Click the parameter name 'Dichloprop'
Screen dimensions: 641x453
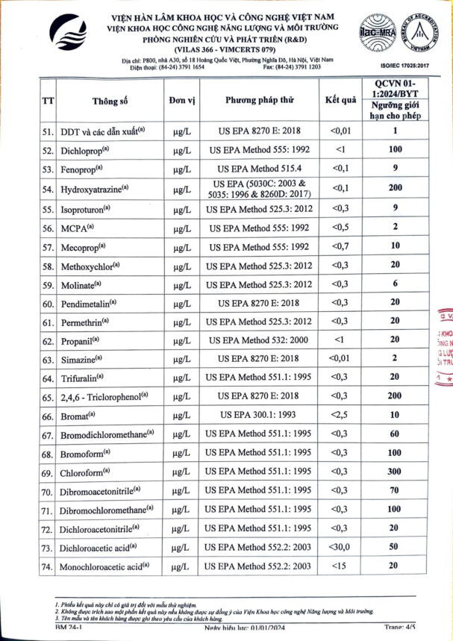[84, 150]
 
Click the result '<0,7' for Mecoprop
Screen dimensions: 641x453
[340, 246]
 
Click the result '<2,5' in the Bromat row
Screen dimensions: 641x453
[340, 414]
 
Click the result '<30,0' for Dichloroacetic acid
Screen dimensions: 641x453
[340, 547]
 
